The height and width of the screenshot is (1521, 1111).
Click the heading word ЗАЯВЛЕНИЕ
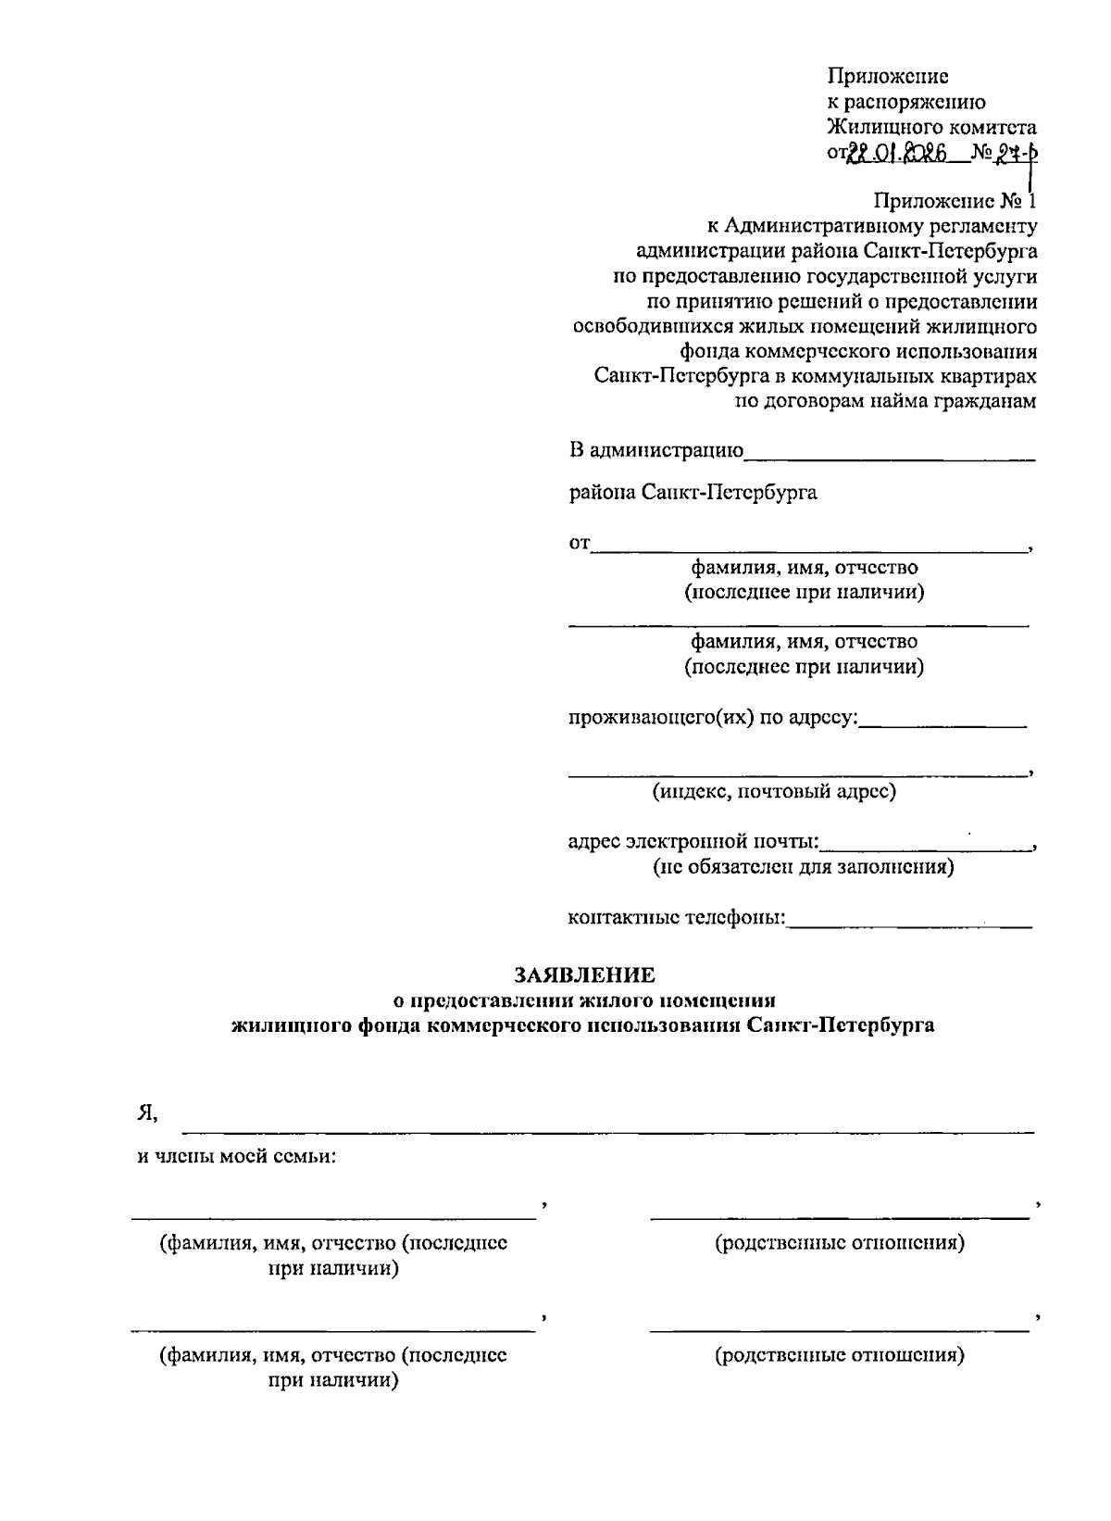tap(584, 974)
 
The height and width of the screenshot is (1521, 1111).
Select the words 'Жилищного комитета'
tap(931, 128)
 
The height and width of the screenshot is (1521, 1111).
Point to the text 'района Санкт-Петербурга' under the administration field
tap(693, 492)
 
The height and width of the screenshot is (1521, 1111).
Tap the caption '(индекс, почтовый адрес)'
tap(774, 792)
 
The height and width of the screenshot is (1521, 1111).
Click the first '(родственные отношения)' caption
tap(840, 1242)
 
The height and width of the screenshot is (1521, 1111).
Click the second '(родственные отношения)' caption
tap(840, 1355)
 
